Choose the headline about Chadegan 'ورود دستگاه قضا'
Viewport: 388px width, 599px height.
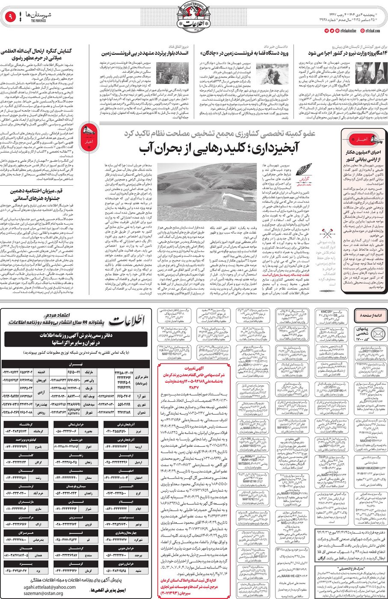pos(244,53)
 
